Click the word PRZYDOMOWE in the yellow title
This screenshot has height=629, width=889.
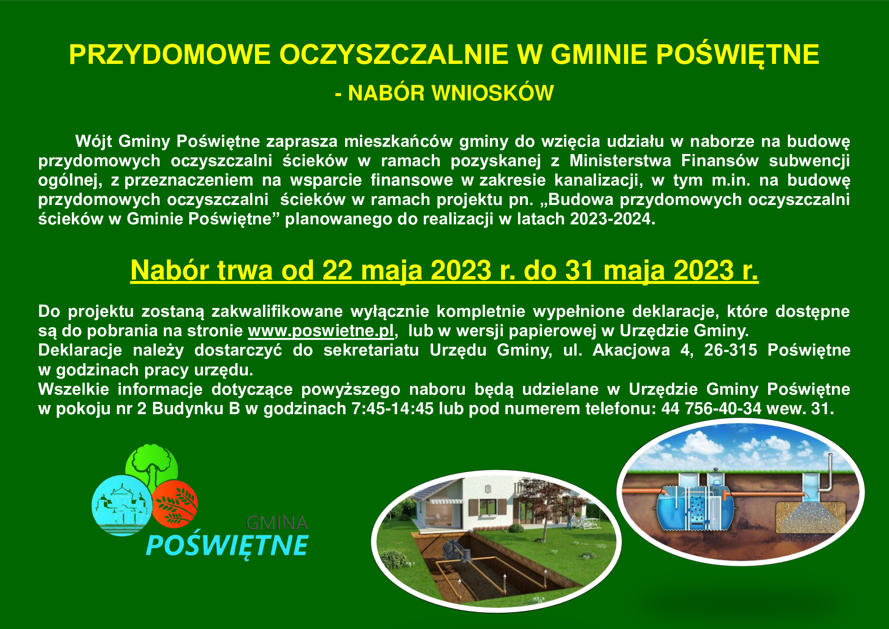(170, 55)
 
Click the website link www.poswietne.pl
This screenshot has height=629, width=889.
(321, 331)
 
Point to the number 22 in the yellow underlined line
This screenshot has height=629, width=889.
(337, 270)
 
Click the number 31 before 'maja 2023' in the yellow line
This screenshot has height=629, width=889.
(579, 270)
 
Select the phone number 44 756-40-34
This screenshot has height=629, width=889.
(711, 408)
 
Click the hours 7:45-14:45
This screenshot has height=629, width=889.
(392, 408)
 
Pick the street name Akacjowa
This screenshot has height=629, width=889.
(631, 350)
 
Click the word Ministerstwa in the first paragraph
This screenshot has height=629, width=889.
(620, 161)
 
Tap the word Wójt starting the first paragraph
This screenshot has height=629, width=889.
(94, 142)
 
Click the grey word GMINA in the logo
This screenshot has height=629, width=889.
(277, 523)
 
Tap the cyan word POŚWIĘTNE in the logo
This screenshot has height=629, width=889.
(227, 546)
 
